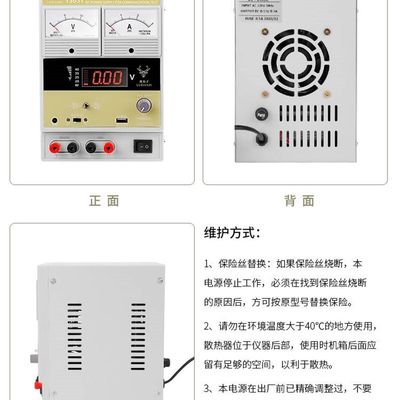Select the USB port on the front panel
coord(124,123)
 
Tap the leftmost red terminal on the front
coord(47,147)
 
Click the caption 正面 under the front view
coord(103,200)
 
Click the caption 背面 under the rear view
coord(297,200)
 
